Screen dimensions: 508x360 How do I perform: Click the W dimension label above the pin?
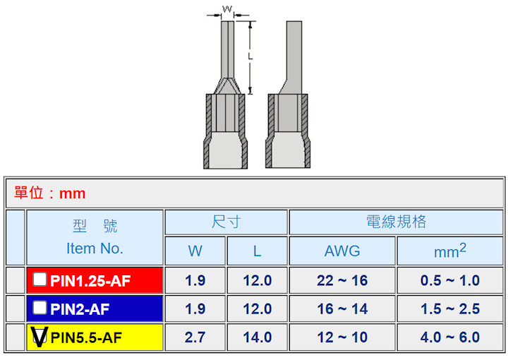227,8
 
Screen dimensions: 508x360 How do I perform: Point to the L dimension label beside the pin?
250,56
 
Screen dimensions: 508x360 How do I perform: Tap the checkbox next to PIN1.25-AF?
40,280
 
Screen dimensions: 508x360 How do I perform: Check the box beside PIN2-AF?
40,307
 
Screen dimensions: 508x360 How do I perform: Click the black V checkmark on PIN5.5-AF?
39,337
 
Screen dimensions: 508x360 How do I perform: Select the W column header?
195,251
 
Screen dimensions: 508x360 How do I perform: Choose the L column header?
258,251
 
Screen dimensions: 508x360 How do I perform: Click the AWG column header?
342,251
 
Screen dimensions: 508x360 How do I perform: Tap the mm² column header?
450,251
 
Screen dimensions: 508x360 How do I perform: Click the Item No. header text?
95,248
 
